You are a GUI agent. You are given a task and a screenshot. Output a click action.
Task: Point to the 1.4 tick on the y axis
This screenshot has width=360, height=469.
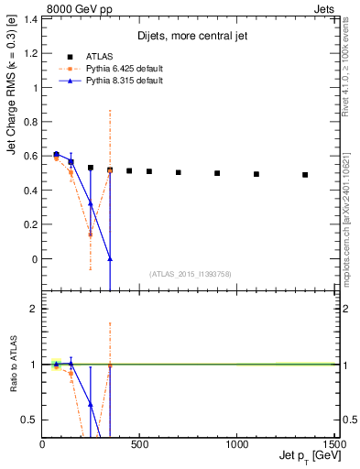pyautogui.click(x=30, y=18)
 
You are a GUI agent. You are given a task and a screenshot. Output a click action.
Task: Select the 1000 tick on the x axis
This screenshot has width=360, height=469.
pyautogui.click(x=237, y=444)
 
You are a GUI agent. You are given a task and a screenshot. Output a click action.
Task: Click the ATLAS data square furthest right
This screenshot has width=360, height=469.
pyautogui.click(x=305, y=175)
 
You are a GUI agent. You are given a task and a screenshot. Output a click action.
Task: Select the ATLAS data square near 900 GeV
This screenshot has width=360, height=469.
pyautogui.click(x=217, y=173)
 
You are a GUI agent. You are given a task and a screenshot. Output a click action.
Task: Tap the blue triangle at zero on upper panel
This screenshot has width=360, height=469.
pyautogui.click(x=110, y=259)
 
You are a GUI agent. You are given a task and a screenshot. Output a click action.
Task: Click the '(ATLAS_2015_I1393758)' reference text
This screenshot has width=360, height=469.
pyautogui.click(x=190, y=272)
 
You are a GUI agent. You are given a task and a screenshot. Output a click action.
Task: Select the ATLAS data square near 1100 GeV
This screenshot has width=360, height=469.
pyautogui.click(x=256, y=174)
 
